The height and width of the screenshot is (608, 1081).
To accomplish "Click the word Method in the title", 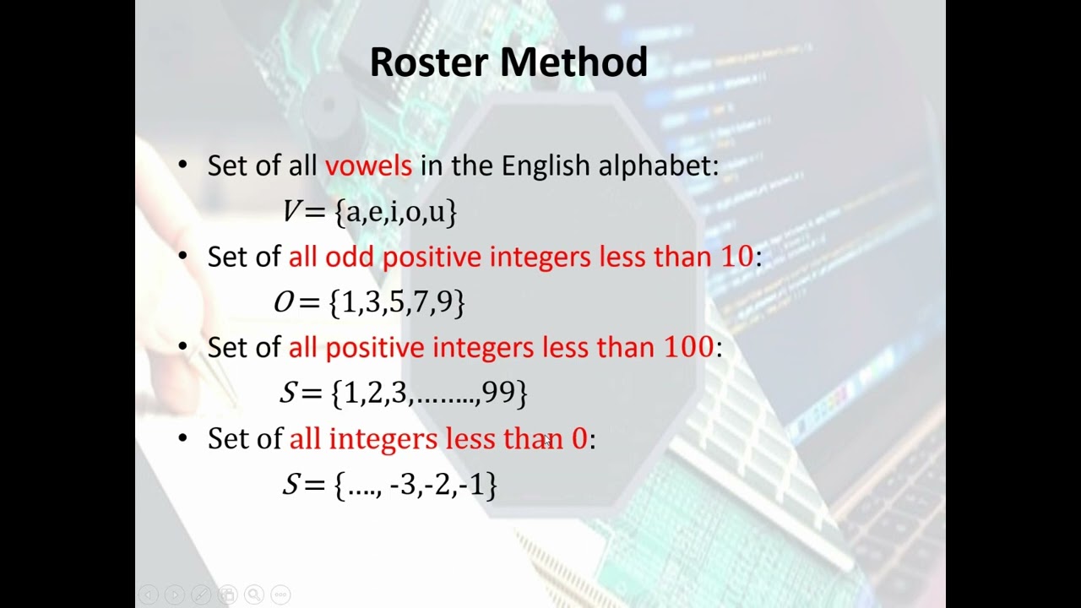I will [574, 62].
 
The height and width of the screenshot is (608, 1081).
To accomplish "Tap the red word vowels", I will [368, 166].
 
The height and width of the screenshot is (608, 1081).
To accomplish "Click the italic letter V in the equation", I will [291, 211].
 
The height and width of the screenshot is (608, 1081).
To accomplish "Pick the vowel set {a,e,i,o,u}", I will [396, 211].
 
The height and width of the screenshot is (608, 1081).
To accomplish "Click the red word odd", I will [349, 257].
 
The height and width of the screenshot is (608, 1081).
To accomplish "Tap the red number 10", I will [736, 257].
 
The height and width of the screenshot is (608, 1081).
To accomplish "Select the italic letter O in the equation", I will [284, 302].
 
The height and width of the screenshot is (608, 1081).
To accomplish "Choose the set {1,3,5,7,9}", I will [397, 302].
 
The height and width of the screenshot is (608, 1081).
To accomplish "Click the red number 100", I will [688, 347].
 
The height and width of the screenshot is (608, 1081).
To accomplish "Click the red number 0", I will [579, 438].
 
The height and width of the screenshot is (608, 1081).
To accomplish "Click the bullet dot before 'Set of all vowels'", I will [183, 166].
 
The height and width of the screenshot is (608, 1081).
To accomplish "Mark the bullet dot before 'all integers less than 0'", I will [183, 438].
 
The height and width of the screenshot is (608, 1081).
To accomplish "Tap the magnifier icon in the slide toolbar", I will [254, 594].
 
